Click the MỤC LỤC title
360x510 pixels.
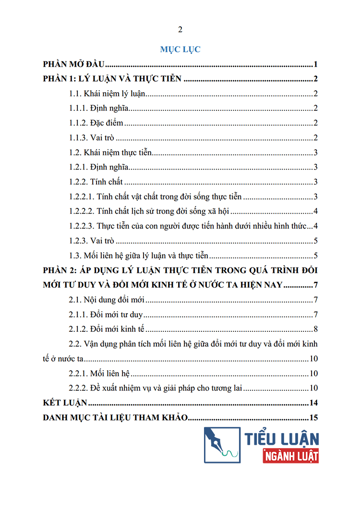click(180, 49)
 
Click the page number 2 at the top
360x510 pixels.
click(180, 30)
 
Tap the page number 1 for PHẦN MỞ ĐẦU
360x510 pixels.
click(316, 65)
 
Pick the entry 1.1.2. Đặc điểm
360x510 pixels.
click(96, 123)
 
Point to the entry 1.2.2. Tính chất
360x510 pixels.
click(96, 182)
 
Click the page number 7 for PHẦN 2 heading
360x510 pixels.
click(316, 286)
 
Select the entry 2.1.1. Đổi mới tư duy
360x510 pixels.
click(107, 315)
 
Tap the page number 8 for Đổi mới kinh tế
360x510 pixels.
click(316, 329)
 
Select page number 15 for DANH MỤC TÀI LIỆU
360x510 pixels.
click(314, 417)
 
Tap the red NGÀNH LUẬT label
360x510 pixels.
click(291, 455)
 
